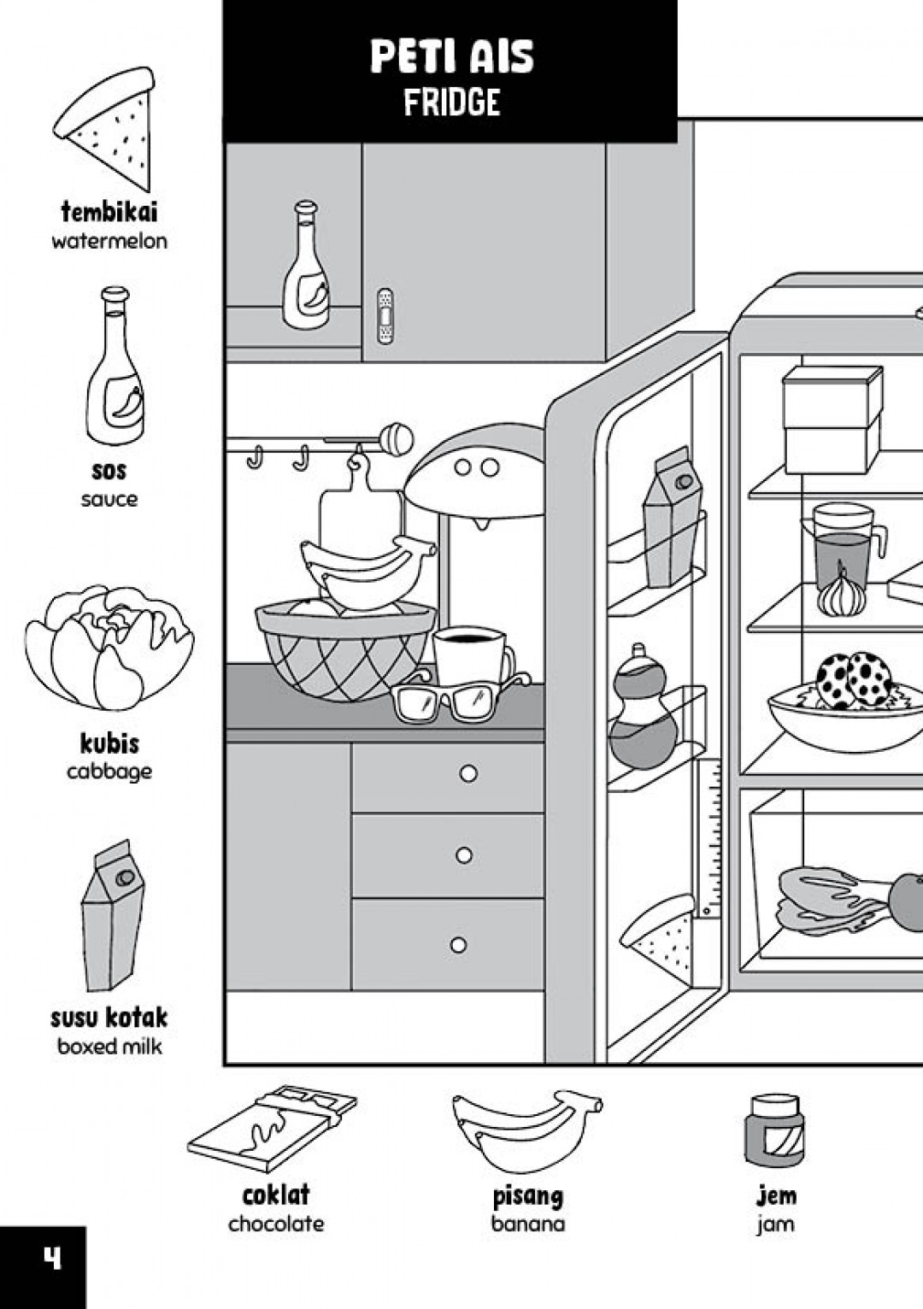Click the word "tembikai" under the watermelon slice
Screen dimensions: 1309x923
tap(109, 212)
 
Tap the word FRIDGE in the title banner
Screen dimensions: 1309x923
tap(452, 103)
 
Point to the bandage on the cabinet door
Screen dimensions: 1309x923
tap(385, 316)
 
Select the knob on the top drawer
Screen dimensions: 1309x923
tap(468, 773)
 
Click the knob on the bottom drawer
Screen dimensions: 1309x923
tap(459, 944)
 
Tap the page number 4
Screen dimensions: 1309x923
tap(52, 1258)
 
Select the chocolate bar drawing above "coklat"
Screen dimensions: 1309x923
tap(272, 1128)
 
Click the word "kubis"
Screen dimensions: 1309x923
tap(109, 743)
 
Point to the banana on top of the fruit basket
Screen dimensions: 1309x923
tap(366, 568)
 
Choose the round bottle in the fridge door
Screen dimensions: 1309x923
tap(642, 709)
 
